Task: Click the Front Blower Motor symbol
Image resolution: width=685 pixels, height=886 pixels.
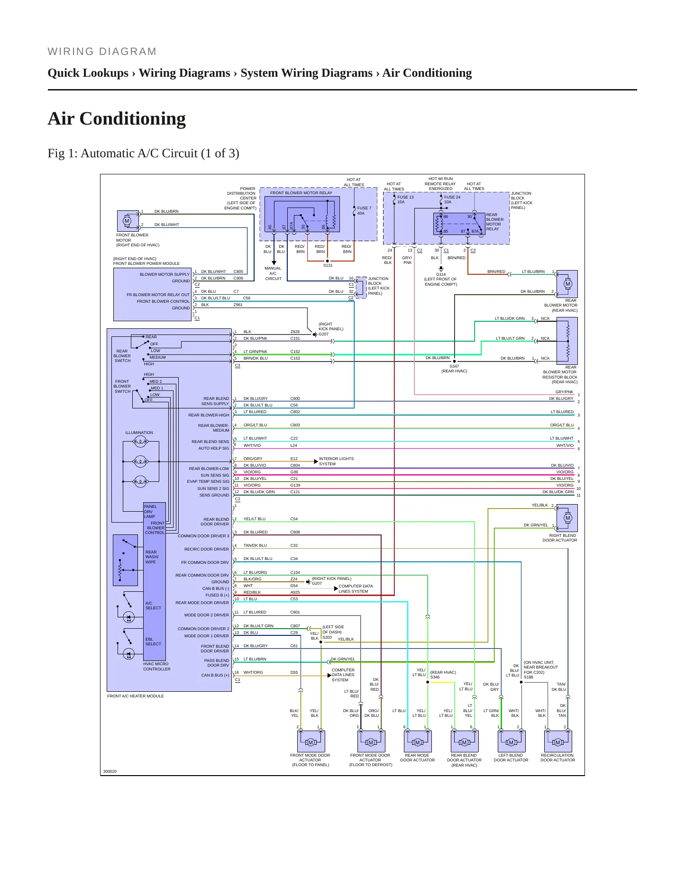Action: pyautogui.click(x=127, y=221)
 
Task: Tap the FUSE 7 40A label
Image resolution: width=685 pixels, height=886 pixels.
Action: pyautogui.click(x=364, y=211)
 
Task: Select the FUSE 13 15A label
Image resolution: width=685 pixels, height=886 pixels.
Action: pyautogui.click(x=405, y=199)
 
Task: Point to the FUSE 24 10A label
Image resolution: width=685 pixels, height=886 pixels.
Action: pyautogui.click(x=452, y=199)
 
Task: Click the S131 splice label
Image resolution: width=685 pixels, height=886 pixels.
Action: pyautogui.click(x=328, y=265)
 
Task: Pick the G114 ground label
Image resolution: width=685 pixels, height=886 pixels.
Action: pyautogui.click(x=441, y=274)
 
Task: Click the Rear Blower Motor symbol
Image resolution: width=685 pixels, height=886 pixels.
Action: pyautogui.click(x=567, y=284)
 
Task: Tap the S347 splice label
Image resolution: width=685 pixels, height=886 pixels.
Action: pyautogui.click(x=454, y=366)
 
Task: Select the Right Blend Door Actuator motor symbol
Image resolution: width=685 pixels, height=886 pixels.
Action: pyautogui.click(x=567, y=518)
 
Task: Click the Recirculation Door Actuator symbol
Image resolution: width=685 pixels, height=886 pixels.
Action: pyautogui.click(x=558, y=741)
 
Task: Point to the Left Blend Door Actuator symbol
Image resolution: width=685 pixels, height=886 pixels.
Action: pyautogui.click(x=511, y=741)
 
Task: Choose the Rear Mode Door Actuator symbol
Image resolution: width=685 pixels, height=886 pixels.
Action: pyautogui.click(x=417, y=741)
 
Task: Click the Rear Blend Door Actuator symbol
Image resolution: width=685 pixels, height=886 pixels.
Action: pyautogui.click(x=464, y=741)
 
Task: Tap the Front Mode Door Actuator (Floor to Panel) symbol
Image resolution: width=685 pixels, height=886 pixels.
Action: pyautogui.click(x=311, y=741)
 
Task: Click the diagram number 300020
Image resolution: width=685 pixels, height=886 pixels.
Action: pyautogui.click(x=110, y=771)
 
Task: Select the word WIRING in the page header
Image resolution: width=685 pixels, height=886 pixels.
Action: pyautogui.click(x=69, y=52)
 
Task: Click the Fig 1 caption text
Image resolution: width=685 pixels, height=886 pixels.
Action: pyautogui.click(x=143, y=154)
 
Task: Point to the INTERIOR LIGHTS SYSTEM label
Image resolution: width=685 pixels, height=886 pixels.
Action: pyautogui.click(x=336, y=461)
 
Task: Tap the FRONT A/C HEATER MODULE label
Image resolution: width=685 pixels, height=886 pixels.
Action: pyautogui.click(x=136, y=696)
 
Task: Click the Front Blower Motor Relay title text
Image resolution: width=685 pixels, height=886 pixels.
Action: pyautogui.click(x=301, y=193)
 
